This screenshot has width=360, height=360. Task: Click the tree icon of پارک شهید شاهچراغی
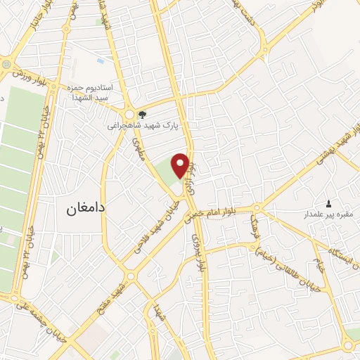point(143,115)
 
